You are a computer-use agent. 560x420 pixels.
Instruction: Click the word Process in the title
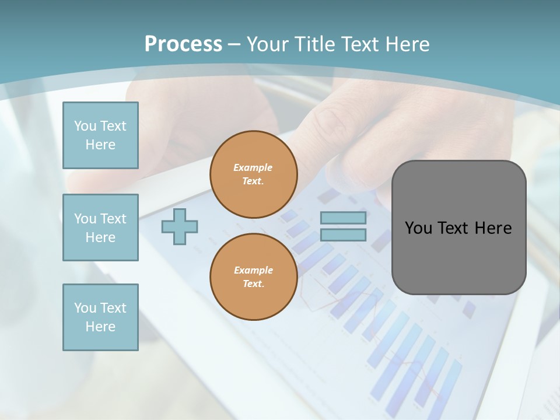(x=183, y=44)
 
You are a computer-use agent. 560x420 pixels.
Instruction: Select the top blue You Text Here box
(x=100, y=135)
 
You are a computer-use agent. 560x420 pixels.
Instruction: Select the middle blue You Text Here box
(x=100, y=228)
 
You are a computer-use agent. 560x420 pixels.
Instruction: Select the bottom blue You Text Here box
(x=100, y=317)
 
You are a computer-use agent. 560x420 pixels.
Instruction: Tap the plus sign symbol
(x=180, y=226)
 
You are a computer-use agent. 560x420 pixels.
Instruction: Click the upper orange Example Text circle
(x=253, y=174)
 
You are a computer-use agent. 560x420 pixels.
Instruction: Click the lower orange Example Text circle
(x=253, y=277)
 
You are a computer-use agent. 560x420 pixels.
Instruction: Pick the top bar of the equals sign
(x=343, y=218)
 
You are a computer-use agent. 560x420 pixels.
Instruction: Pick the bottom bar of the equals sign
(x=343, y=235)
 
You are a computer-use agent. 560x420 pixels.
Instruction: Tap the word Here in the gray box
(x=493, y=228)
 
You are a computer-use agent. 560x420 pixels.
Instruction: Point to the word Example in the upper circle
(x=253, y=167)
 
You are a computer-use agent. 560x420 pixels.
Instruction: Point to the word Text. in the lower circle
(x=253, y=284)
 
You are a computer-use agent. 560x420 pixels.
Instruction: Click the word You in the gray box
(x=418, y=228)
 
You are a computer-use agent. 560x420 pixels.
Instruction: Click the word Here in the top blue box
(x=100, y=145)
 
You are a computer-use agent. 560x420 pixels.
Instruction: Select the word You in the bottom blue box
(x=85, y=308)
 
